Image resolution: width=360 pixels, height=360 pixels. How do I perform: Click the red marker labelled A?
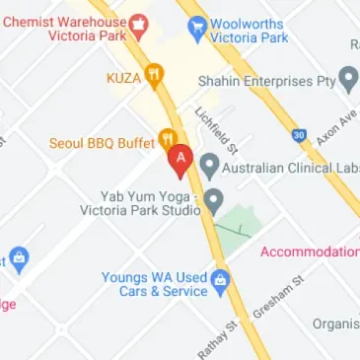tap(180, 158)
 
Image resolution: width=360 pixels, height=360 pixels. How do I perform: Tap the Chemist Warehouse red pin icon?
tap(139, 21)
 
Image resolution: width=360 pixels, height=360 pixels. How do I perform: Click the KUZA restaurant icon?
tap(154, 75)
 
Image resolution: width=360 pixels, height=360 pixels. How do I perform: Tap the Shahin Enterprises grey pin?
tap(348, 80)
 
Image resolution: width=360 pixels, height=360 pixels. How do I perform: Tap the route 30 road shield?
tap(299, 134)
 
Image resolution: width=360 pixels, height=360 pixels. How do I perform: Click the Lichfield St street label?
tap(217, 130)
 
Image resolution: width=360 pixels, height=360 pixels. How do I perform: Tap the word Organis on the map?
tap(335, 324)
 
